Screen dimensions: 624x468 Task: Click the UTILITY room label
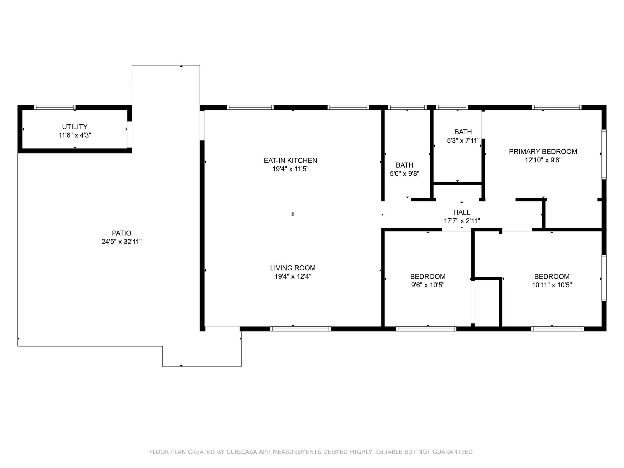[x=75, y=127]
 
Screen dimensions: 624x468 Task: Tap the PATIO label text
[x=122, y=233]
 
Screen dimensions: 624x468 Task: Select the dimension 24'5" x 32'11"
[x=122, y=242]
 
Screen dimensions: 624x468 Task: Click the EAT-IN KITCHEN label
[x=290, y=161]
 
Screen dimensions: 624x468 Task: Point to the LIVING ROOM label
[x=293, y=268]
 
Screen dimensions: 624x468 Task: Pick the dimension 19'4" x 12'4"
[x=293, y=277]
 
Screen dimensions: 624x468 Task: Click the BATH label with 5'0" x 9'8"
[x=405, y=165]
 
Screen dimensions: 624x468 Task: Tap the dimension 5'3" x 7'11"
[x=463, y=141]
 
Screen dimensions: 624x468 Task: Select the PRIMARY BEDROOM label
[x=543, y=152]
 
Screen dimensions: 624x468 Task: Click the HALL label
[x=462, y=212]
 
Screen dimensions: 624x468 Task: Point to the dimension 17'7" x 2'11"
[x=462, y=221]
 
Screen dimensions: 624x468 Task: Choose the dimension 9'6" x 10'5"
[x=428, y=285]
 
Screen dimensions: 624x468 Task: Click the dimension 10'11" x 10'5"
[x=552, y=285]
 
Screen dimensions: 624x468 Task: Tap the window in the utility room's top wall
[x=55, y=107]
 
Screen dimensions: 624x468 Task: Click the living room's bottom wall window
[x=300, y=329]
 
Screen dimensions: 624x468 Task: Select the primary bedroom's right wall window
[x=604, y=154]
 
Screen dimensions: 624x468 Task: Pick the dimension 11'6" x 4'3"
[x=75, y=135]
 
